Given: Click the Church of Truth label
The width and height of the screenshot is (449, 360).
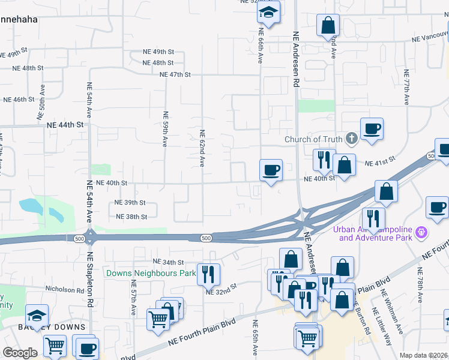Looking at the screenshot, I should [313, 140].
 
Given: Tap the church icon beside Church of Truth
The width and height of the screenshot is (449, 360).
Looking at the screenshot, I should [352, 139].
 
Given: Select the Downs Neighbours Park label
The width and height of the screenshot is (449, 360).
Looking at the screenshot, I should [151, 273].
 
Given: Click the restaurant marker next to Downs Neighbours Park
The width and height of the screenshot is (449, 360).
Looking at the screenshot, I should [208, 274].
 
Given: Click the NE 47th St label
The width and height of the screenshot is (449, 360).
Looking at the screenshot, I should [175, 74].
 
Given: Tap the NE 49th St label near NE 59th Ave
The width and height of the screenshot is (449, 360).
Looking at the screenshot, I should [158, 52].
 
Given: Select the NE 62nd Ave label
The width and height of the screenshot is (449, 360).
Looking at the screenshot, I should [202, 149].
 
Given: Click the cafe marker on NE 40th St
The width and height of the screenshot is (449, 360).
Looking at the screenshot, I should [271, 170].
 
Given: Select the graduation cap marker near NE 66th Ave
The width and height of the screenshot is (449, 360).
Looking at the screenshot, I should [270, 12].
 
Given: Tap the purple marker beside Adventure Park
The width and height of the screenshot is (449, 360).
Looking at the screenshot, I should [422, 231].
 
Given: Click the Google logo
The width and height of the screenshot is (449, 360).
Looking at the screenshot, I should [20, 353].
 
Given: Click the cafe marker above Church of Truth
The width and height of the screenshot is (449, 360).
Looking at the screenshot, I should [372, 128].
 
